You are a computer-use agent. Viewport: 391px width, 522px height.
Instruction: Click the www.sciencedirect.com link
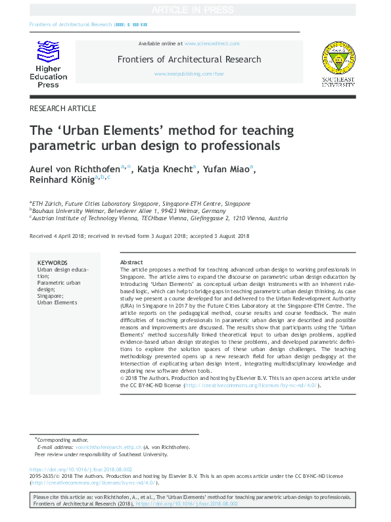(212, 43)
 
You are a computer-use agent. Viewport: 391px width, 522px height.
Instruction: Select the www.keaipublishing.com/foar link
(189, 74)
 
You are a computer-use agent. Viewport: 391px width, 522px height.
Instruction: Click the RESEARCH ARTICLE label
(63, 108)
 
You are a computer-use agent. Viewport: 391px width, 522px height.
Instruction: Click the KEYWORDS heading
(52, 262)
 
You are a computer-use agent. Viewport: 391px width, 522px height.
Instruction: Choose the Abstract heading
(131, 262)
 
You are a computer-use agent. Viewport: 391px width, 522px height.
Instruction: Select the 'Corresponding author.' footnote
(62, 440)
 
